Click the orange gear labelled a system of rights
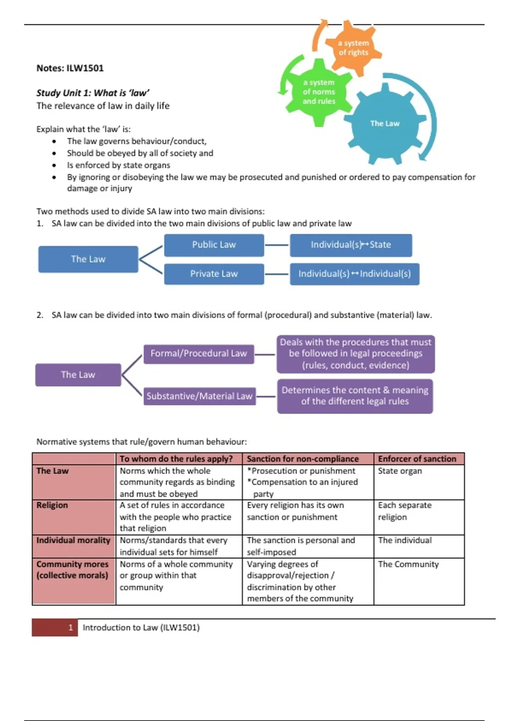click(353, 48)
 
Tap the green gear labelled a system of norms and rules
click(319, 92)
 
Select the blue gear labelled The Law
click(385, 123)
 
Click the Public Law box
click(214, 245)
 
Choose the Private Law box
click(214, 274)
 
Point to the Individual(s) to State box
click(351, 245)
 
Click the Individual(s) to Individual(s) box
click(355, 274)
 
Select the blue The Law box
click(88, 259)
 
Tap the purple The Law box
click(78, 374)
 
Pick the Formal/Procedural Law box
click(199, 354)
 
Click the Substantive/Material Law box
click(199, 396)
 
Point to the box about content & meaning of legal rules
click(355, 396)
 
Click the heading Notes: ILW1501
click(70, 68)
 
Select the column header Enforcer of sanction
click(417, 459)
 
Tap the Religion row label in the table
click(52, 505)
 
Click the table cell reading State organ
click(400, 471)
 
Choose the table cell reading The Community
click(408, 564)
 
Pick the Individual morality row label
click(73, 540)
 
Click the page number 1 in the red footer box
click(70, 628)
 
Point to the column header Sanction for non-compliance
click(303, 459)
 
